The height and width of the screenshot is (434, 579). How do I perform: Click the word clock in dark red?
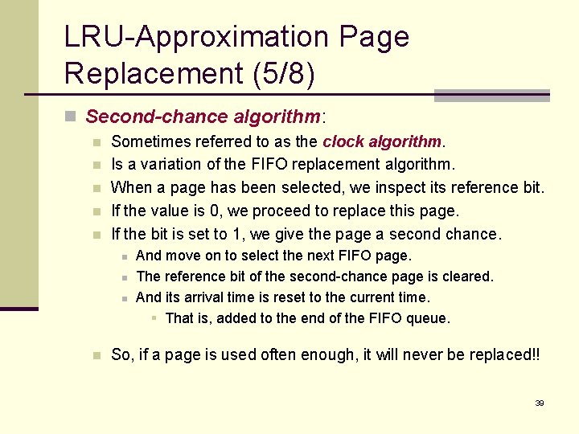coord(343,141)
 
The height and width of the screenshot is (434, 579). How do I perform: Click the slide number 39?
coord(540,403)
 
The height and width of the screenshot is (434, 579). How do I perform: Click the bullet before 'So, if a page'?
coord(96,355)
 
